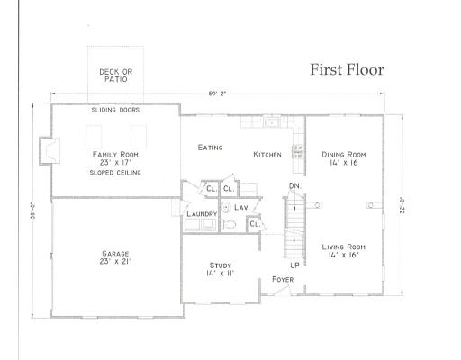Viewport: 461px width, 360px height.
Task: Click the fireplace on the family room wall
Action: [x=45, y=150]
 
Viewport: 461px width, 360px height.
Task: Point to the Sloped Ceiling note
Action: [x=114, y=172]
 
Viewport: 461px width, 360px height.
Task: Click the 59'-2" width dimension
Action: [x=218, y=93]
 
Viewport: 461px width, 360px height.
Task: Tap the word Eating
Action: [x=210, y=148]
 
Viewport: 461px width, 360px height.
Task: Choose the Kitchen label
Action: [x=267, y=155]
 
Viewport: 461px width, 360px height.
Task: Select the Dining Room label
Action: [x=345, y=159]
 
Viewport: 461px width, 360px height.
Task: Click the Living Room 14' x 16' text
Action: [x=345, y=251]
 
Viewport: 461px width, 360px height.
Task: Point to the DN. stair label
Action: [x=294, y=186]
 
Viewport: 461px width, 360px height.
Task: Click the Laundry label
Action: [x=201, y=214]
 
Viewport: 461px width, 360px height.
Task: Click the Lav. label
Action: [x=241, y=207]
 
